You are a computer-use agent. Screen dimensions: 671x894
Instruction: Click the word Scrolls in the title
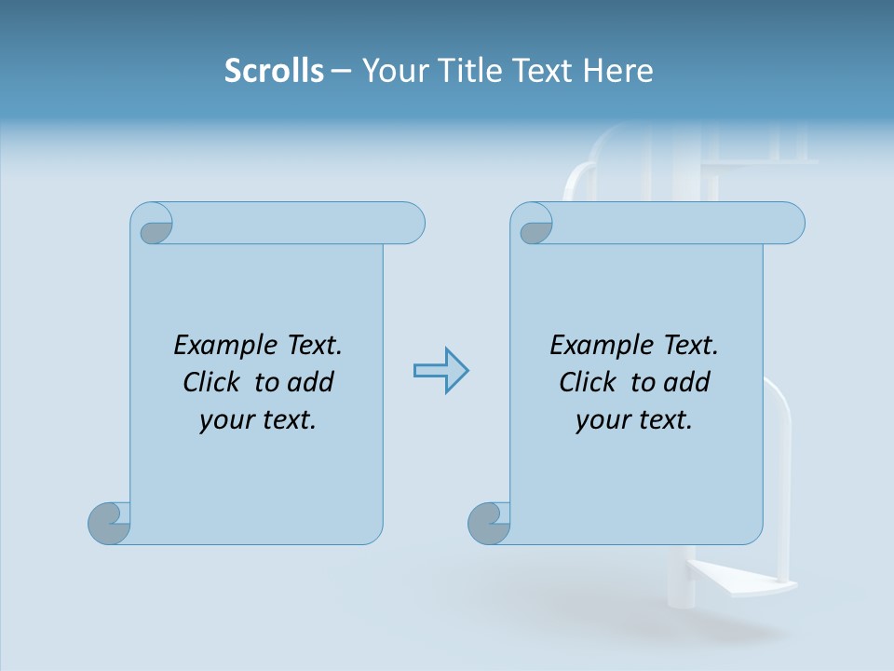click(x=275, y=71)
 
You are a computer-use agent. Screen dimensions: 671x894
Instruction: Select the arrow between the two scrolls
click(x=440, y=371)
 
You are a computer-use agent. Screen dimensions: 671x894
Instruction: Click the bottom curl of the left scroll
click(x=109, y=524)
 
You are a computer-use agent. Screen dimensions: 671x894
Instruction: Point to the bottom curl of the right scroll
click(x=489, y=524)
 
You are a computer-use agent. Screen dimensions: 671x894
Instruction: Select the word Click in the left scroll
click(x=214, y=383)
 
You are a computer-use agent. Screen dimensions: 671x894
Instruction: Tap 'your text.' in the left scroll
click(x=258, y=420)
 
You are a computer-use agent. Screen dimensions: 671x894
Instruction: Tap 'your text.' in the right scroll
click(x=634, y=420)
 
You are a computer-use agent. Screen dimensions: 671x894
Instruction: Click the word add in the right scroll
click(x=686, y=383)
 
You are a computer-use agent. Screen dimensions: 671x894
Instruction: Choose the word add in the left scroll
click(x=310, y=383)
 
